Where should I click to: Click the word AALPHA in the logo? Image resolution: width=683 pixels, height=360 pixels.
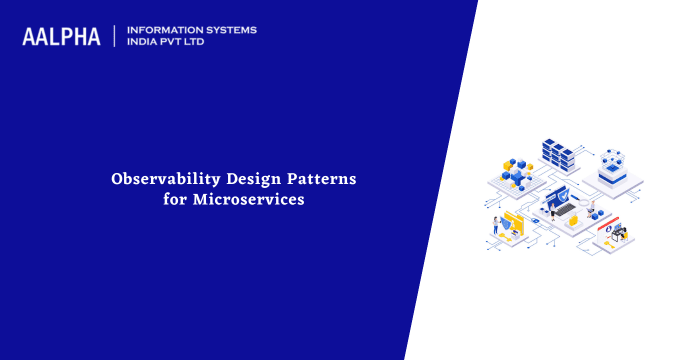click(x=61, y=37)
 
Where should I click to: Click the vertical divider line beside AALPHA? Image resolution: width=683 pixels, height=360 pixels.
click(x=115, y=37)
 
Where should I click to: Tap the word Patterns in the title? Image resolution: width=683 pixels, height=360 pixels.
click(x=319, y=180)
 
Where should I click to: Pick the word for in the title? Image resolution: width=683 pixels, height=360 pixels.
click(x=177, y=200)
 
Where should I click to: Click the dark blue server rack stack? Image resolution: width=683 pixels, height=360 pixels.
click(x=559, y=155)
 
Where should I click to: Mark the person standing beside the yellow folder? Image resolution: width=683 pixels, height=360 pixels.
click(x=495, y=224)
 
